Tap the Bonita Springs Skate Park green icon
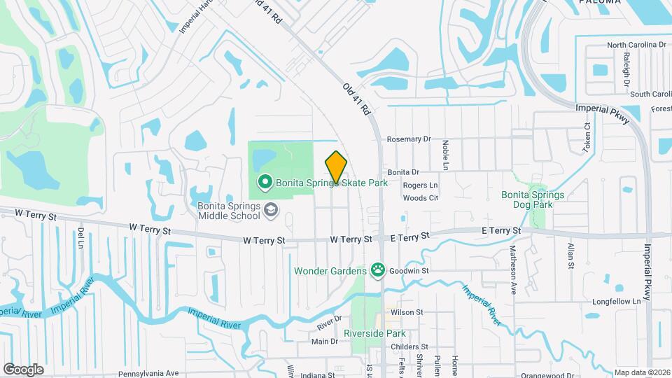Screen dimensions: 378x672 click(265, 183)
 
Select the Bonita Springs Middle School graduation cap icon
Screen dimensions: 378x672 click(269, 209)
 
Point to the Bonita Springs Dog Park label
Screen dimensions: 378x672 click(532, 199)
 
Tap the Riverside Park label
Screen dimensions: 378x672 click(374, 333)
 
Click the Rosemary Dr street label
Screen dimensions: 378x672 click(409, 139)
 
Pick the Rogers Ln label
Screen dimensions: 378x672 click(420, 185)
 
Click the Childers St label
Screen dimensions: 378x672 click(409, 346)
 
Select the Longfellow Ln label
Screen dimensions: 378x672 click(617, 302)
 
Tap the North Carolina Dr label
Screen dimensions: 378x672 click(636, 45)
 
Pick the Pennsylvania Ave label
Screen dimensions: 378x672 click(149, 373)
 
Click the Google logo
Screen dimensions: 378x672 click(23, 369)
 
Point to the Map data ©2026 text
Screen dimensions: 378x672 click(642, 373)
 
